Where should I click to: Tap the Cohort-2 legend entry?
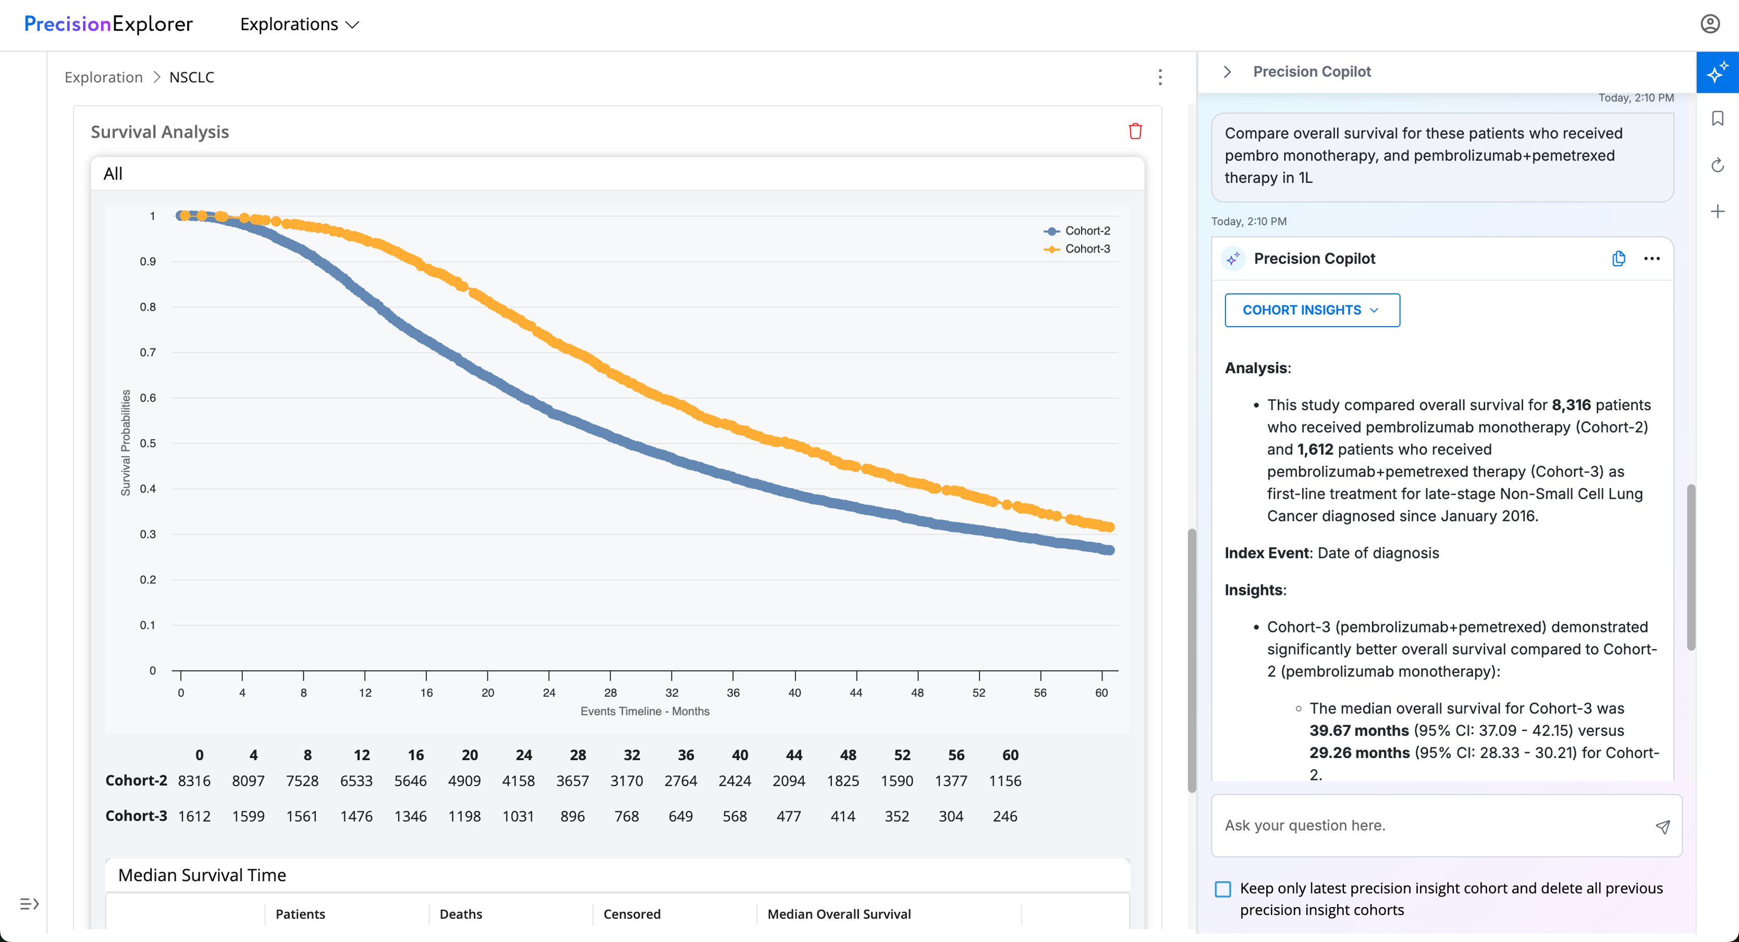click(1077, 231)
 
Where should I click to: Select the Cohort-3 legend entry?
click(1077, 249)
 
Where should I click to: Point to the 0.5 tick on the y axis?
click(148, 443)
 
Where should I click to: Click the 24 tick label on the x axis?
click(549, 692)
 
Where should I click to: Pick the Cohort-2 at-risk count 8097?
click(249, 780)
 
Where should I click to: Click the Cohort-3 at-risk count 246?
click(1005, 816)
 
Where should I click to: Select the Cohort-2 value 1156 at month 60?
click(1005, 780)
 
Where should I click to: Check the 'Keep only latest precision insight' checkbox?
click(1222, 889)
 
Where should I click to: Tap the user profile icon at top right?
click(1709, 24)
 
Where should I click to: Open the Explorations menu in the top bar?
click(300, 24)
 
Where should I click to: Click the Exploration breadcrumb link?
click(103, 77)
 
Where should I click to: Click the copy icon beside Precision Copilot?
click(1618, 258)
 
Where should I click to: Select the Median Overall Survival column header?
click(839, 914)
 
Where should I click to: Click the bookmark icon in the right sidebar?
click(1718, 119)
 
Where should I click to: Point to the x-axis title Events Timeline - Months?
click(645, 711)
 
